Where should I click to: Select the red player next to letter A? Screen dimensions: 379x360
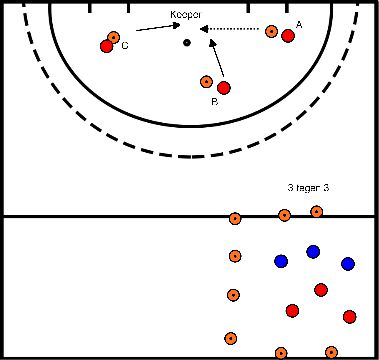288,37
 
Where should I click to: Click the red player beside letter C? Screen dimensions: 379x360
107,46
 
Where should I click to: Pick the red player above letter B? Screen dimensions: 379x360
223,88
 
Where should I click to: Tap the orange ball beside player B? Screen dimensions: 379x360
207,82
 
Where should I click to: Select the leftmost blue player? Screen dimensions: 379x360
281,261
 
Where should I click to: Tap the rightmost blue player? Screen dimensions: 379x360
348,264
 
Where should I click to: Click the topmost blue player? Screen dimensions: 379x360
313,251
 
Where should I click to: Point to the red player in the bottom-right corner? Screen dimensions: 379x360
349,317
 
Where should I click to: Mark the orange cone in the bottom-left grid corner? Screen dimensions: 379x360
231,338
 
